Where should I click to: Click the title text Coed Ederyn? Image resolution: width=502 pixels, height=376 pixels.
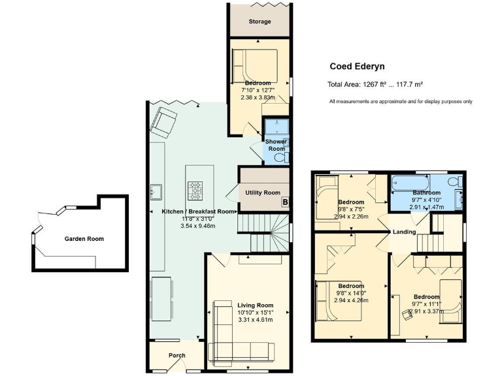tap(357, 66)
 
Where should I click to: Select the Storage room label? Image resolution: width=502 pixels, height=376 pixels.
tap(259, 22)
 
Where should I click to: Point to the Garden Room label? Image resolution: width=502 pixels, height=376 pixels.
tap(84, 239)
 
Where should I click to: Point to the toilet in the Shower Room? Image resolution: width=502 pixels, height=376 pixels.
tap(280, 157)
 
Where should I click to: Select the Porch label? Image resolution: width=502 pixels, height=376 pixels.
tap(176, 356)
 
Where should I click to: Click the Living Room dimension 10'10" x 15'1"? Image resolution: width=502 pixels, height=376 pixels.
tap(255, 313)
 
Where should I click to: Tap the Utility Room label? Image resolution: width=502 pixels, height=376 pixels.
tap(263, 193)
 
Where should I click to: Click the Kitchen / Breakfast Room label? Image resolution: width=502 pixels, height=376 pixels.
tap(198, 211)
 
